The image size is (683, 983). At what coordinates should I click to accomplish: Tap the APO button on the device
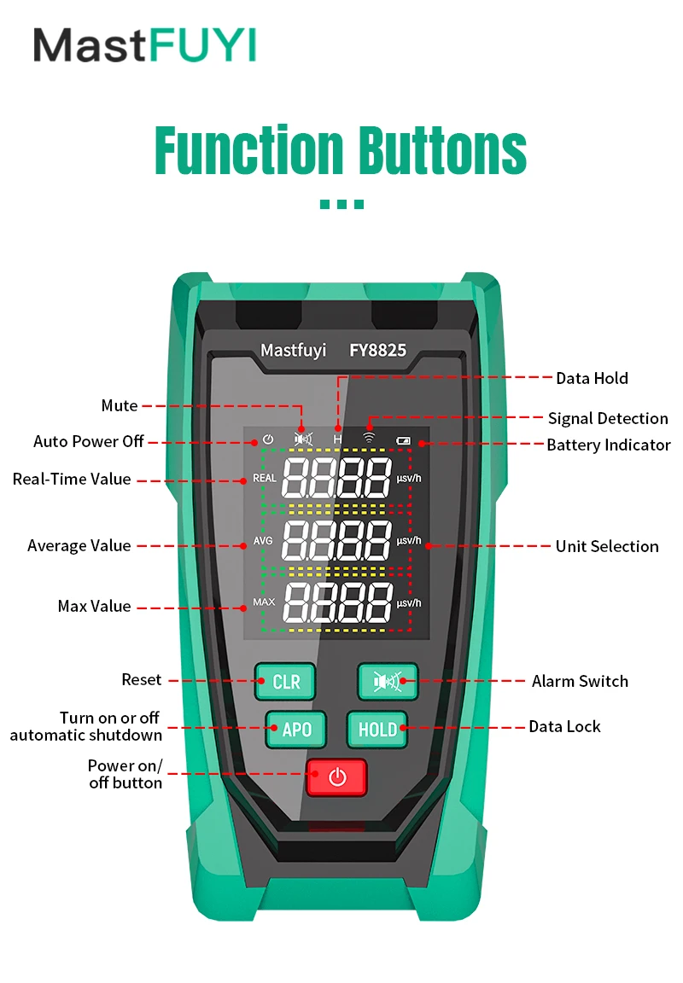click(295, 730)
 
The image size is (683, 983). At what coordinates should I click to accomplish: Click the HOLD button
click(377, 730)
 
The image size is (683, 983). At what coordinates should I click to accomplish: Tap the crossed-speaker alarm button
click(387, 681)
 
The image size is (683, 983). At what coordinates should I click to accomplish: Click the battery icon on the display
click(403, 441)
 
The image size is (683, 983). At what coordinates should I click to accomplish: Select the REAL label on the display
click(265, 479)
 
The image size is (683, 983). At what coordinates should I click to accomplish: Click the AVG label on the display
click(263, 541)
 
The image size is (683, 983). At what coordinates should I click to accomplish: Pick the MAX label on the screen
click(264, 602)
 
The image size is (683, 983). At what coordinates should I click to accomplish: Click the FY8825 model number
click(377, 350)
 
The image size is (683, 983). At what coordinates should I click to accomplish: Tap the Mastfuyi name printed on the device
click(293, 350)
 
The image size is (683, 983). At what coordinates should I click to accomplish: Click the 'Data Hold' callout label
click(592, 378)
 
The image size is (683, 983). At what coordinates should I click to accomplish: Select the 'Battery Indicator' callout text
click(609, 445)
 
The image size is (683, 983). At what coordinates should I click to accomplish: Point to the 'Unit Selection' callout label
click(607, 546)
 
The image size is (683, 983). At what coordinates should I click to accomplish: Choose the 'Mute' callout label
click(120, 405)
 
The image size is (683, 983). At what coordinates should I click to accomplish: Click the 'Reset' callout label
click(141, 680)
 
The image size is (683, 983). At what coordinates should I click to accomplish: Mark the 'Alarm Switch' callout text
click(580, 681)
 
